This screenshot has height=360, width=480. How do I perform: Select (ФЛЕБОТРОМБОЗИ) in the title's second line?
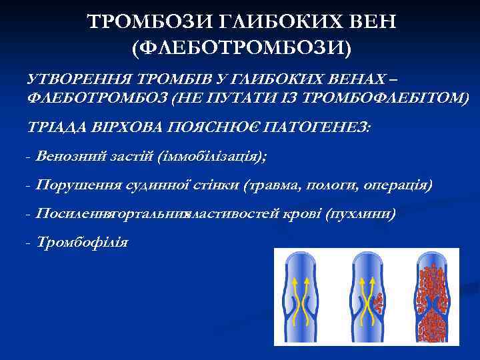pos(241,48)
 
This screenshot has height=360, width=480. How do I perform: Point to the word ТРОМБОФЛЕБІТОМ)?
pos(386,98)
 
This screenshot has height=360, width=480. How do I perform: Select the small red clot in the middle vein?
pos(378,303)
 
